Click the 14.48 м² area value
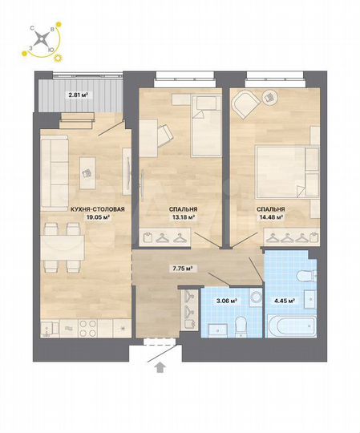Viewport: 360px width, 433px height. point(270,216)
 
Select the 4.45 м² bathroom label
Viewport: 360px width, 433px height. point(283,302)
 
